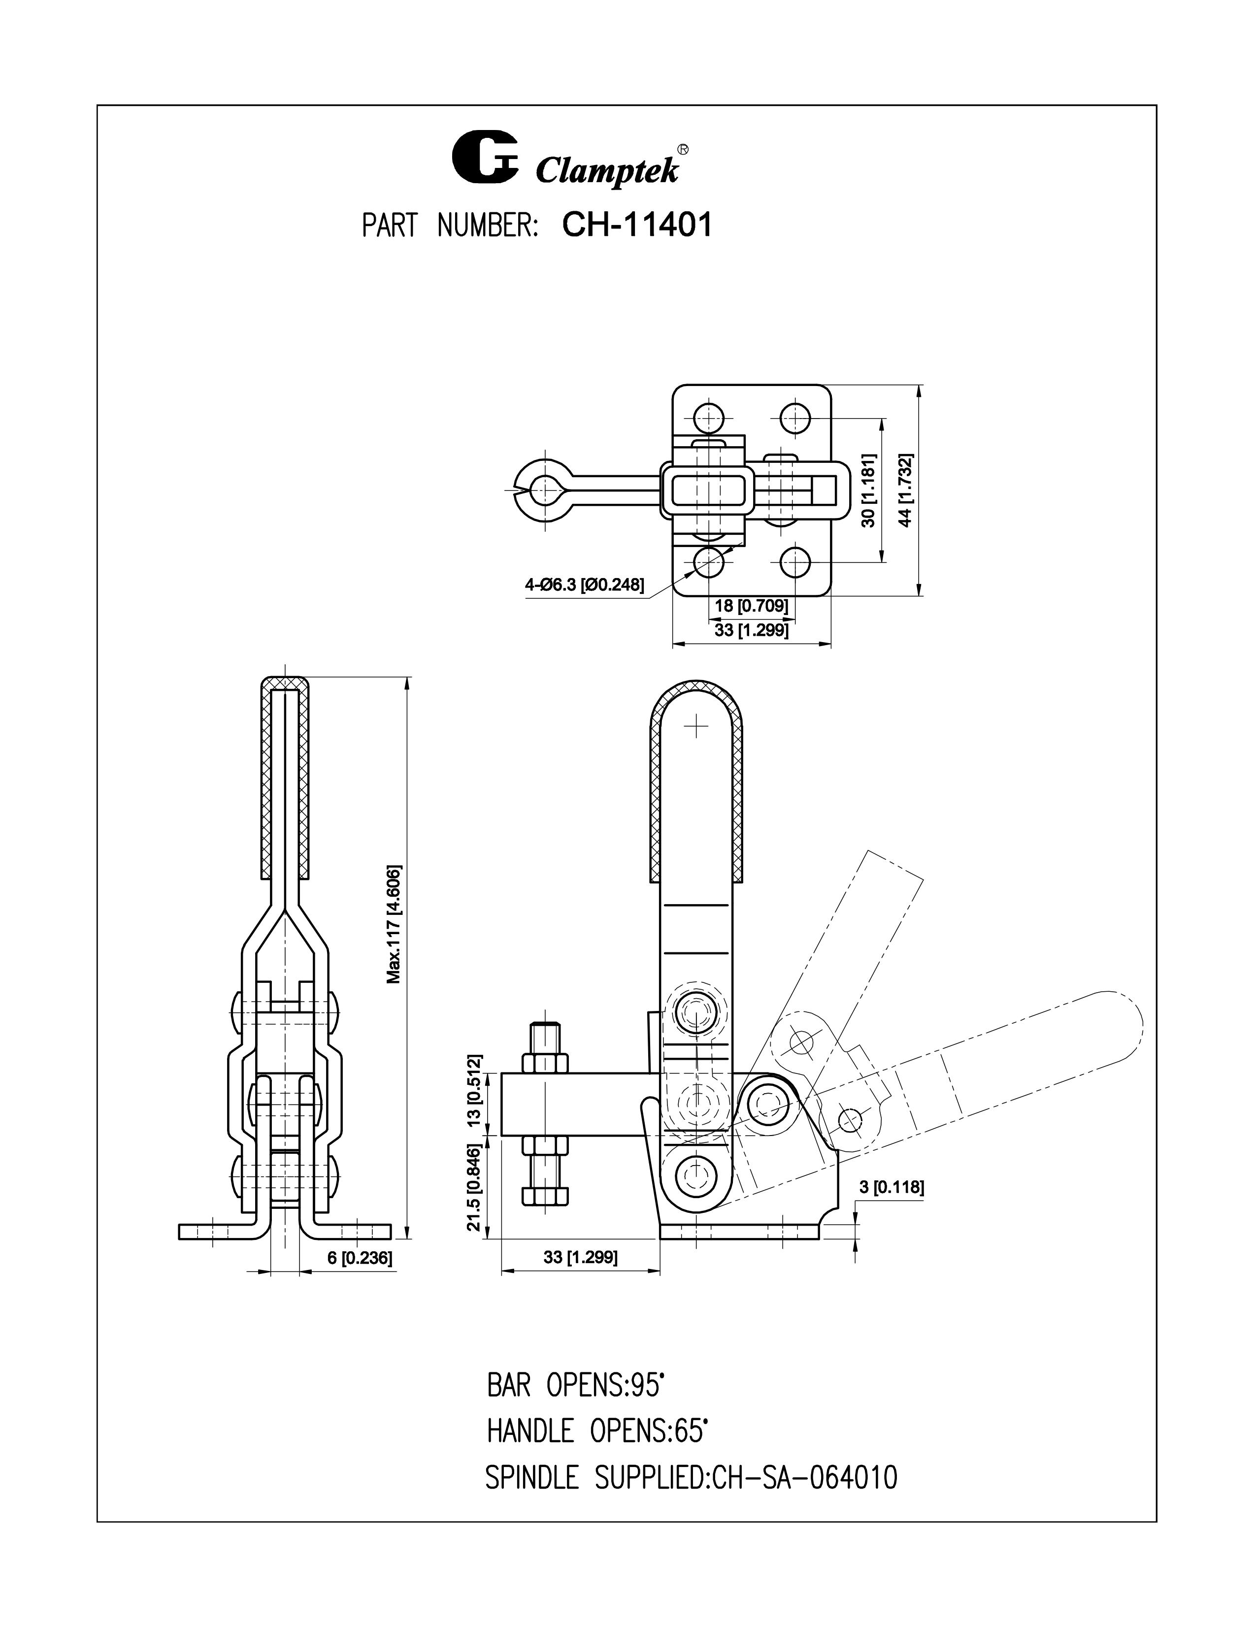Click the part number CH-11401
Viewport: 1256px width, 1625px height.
[x=637, y=225]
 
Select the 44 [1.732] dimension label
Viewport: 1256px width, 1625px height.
[x=905, y=491]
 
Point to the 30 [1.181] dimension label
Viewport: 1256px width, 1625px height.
[x=868, y=491]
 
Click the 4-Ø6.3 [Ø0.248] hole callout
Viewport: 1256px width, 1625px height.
[x=584, y=585]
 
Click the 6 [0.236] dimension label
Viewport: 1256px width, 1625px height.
[x=360, y=1258]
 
